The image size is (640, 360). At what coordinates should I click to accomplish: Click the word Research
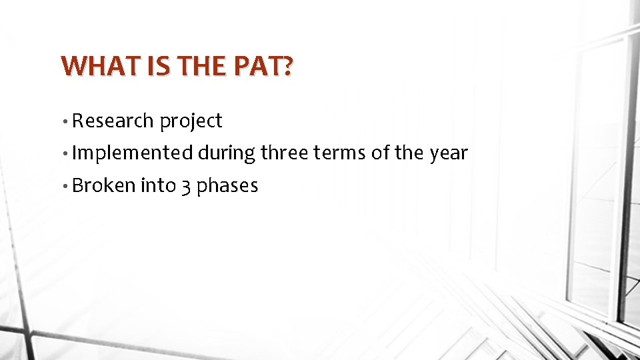113,121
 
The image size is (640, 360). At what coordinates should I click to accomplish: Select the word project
191,122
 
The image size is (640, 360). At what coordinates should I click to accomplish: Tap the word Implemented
131,153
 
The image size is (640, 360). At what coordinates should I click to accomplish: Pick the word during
227,153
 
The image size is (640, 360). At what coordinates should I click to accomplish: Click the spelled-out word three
285,153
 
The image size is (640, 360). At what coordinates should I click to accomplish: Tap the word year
449,154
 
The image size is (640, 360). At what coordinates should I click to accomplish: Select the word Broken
103,185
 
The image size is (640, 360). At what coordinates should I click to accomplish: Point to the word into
158,185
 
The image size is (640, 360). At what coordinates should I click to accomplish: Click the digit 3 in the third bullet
185,187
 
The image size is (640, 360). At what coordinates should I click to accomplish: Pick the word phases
227,186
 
